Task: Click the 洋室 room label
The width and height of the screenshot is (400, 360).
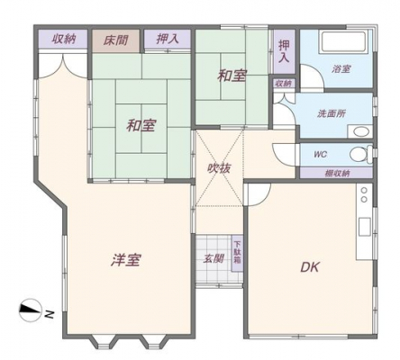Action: coord(126,260)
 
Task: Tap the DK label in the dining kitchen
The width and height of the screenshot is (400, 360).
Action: coord(310,267)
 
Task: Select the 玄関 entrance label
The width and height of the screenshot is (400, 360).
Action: coord(214,258)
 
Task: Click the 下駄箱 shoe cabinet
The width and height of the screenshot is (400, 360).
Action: coord(238,253)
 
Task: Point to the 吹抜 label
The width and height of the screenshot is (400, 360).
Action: coord(219,168)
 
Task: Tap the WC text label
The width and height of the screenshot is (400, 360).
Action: coord(320,155)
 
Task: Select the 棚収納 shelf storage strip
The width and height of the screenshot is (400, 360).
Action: coord(336,173)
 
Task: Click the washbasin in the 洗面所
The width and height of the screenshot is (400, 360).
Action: coord(360,132)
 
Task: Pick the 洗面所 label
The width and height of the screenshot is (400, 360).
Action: coord(332,113)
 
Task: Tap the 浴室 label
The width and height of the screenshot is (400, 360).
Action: coord(341,69)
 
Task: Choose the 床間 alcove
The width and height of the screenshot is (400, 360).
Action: coord(116,40)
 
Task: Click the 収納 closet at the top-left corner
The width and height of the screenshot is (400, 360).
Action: coord(63,39)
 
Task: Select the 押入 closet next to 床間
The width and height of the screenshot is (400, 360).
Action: coord(168,39)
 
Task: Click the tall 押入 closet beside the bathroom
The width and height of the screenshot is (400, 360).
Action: coord(284,51)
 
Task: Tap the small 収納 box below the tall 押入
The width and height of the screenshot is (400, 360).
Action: coord(284,84)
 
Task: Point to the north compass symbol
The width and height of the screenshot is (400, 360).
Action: coord(31,310)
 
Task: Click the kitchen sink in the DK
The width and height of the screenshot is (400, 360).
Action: coord(365,227)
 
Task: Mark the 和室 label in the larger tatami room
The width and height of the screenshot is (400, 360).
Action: coord(141,125)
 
